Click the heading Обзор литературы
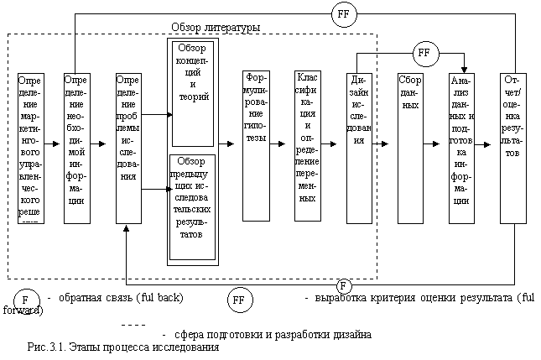[215, 28]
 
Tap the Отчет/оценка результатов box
[514, 147]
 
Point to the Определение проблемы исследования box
[127, 147]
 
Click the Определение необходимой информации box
[76, 147]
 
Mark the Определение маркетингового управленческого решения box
[29, 147]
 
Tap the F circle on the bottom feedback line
[343, 287]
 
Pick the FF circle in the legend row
[238, 299]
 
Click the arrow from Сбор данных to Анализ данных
[439, 144]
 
